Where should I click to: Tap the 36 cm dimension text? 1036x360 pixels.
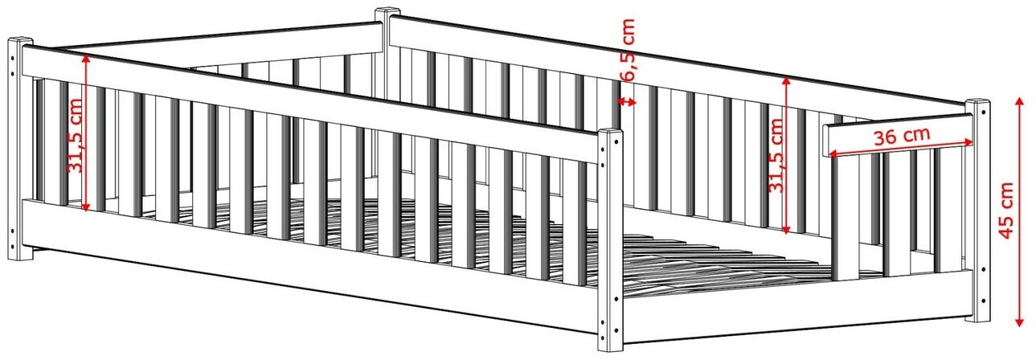coord(902,136)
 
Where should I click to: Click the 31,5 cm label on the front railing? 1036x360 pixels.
coord(75,136)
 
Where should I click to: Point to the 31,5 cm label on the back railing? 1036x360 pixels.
coord(776,155)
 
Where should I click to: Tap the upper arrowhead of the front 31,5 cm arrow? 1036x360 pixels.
coord(85,58)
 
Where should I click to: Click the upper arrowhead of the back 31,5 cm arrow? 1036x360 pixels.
coord(786,82)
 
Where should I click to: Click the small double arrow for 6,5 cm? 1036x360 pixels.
coord(627,101)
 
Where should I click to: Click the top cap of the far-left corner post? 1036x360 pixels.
coord(20,40)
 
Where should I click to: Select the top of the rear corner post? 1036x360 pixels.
coord(387,10)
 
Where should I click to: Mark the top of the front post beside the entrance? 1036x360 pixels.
coord(611,132)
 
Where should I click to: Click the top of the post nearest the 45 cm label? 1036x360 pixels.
coord(977,102)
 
